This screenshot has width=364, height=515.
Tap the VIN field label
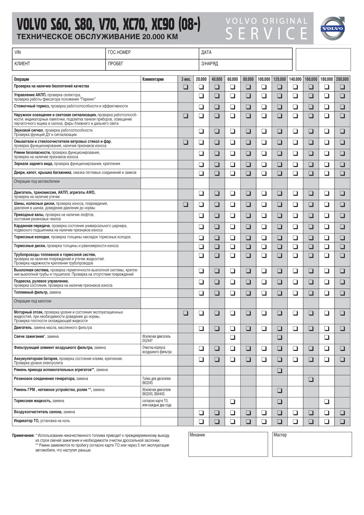[x=18, y=53]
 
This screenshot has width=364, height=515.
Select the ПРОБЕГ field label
[x=115, y=64]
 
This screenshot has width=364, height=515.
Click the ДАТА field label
[x=206, y=53]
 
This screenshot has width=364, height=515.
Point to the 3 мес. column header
[x=186, y=79]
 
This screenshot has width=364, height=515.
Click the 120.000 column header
[x=279, y=79]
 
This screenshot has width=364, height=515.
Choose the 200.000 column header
[x=342, y=79]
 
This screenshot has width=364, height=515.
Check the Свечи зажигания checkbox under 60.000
[x=232, y=337]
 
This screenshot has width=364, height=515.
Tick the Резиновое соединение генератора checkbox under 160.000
[x=311, y=379]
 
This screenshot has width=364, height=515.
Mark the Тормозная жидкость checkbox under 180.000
[x=327, y=401]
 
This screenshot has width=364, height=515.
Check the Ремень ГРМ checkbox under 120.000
[x=279, y=391]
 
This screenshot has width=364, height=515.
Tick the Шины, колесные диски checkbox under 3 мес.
[x=186, y=204]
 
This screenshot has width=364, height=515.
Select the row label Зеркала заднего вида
[x=33, y=164]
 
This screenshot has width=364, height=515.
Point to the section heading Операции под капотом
[x=32, y=301]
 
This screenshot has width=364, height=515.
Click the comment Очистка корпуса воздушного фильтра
[x=157, y=350]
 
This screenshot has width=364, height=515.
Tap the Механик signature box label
[x=197, y=435]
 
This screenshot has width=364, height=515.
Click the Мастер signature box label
[x=280, y=435]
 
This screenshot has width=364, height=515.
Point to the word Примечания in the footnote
[x=23, y=436]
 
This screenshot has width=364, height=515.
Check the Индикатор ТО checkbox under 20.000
[x=201, y=422]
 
